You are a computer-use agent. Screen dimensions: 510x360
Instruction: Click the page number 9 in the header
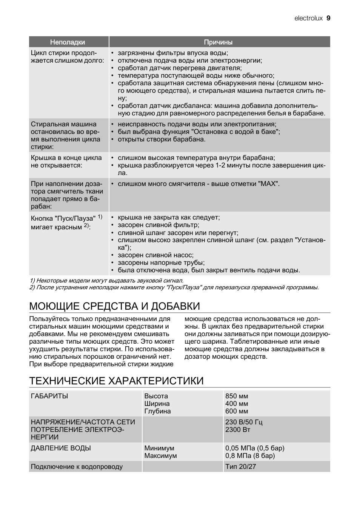coord(328,18)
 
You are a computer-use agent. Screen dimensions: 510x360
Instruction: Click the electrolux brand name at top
coord(308,18)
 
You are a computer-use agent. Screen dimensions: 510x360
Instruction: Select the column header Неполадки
coord(68,42)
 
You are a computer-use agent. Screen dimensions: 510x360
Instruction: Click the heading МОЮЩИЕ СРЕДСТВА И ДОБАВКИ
coord(114,306)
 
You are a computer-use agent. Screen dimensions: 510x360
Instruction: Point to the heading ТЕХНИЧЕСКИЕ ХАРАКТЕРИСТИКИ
coord(116,381)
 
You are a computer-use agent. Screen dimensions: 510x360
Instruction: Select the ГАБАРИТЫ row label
coord(49,396)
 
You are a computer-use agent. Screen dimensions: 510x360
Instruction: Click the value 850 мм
coord(237,396)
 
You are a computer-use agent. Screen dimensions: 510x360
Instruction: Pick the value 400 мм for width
coord(237,404)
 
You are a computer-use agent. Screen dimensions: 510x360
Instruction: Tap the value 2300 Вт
coord(238,430)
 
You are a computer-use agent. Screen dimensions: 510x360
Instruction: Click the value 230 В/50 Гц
coord(244,422)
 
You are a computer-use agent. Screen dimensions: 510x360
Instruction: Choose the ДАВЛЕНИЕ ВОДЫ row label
coord(61,448)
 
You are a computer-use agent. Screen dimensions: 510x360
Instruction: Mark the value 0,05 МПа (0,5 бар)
coord(255,448)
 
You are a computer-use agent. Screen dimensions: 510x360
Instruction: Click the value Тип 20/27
coord(240,467)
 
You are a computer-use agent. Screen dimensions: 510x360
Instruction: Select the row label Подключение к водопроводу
coord(77,467)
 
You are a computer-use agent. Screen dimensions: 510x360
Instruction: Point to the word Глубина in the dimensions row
coord(157,411)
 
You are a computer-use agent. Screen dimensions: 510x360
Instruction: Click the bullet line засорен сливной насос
coord(155,255)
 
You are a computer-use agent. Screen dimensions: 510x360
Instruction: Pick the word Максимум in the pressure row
coord(160,456)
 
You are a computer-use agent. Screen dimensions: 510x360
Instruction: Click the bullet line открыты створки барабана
coord(162,139)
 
